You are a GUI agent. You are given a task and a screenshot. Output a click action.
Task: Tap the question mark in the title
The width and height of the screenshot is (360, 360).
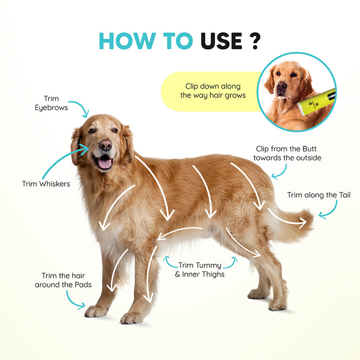[255, 41]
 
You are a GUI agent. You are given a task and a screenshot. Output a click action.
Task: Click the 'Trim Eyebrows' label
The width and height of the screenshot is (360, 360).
[51, 103]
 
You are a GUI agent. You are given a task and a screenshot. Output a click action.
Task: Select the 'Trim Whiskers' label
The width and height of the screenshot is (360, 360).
[46, 184]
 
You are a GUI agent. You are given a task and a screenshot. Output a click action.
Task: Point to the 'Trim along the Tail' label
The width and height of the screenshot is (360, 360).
[319, 195]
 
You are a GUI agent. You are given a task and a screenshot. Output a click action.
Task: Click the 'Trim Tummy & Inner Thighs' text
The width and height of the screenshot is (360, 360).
[200, 270]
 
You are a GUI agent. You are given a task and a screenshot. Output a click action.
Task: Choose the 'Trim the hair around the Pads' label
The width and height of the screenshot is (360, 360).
[63, 280]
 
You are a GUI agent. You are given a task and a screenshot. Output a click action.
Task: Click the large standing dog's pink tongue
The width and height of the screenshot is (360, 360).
[105, 163]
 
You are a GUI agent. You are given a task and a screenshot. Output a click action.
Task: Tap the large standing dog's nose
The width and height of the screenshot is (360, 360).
[106, 145]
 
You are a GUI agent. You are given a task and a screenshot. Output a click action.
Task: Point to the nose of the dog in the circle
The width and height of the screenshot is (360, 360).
[282, 86]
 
